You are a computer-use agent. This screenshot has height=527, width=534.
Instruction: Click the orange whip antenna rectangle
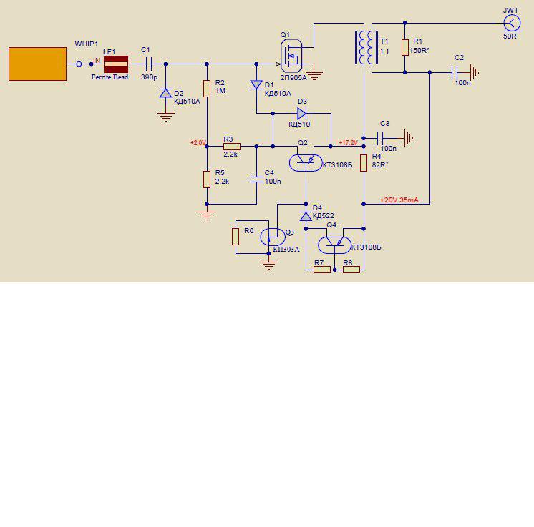point(37,64)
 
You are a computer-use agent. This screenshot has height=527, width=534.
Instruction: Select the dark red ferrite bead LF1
point(116,64)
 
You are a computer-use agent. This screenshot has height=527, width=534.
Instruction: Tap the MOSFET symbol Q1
point(291,56)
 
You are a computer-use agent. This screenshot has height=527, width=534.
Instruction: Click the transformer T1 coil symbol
point(366,48)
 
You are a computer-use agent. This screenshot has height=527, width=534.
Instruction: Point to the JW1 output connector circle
point(512,24)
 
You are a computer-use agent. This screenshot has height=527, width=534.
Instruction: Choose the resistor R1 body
point(404,47)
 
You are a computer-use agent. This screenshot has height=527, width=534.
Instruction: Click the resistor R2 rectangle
point(207,89)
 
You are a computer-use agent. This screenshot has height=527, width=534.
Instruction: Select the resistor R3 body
point(232,147)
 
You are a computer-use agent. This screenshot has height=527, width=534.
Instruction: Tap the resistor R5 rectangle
point(207,179)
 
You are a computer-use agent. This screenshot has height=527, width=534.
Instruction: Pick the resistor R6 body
point(236,237)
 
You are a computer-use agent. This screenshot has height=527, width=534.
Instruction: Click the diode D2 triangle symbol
point(166,93)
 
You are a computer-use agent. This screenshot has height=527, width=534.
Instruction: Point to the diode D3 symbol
point(302,113)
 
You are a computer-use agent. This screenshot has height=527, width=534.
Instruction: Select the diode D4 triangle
point(306,216)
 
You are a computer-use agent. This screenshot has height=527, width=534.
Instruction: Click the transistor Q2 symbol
point(306,162)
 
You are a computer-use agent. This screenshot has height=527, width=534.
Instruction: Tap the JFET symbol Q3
point(273,237)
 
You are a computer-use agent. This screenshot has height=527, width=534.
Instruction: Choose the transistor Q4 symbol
point(334,245)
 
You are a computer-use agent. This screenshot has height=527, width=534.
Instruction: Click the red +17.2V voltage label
point(348,143)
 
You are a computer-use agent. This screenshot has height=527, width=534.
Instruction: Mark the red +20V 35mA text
point(399,200)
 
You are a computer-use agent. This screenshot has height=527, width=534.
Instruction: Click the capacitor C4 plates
point(256,179)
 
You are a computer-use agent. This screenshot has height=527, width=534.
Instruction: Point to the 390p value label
point(149,77)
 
